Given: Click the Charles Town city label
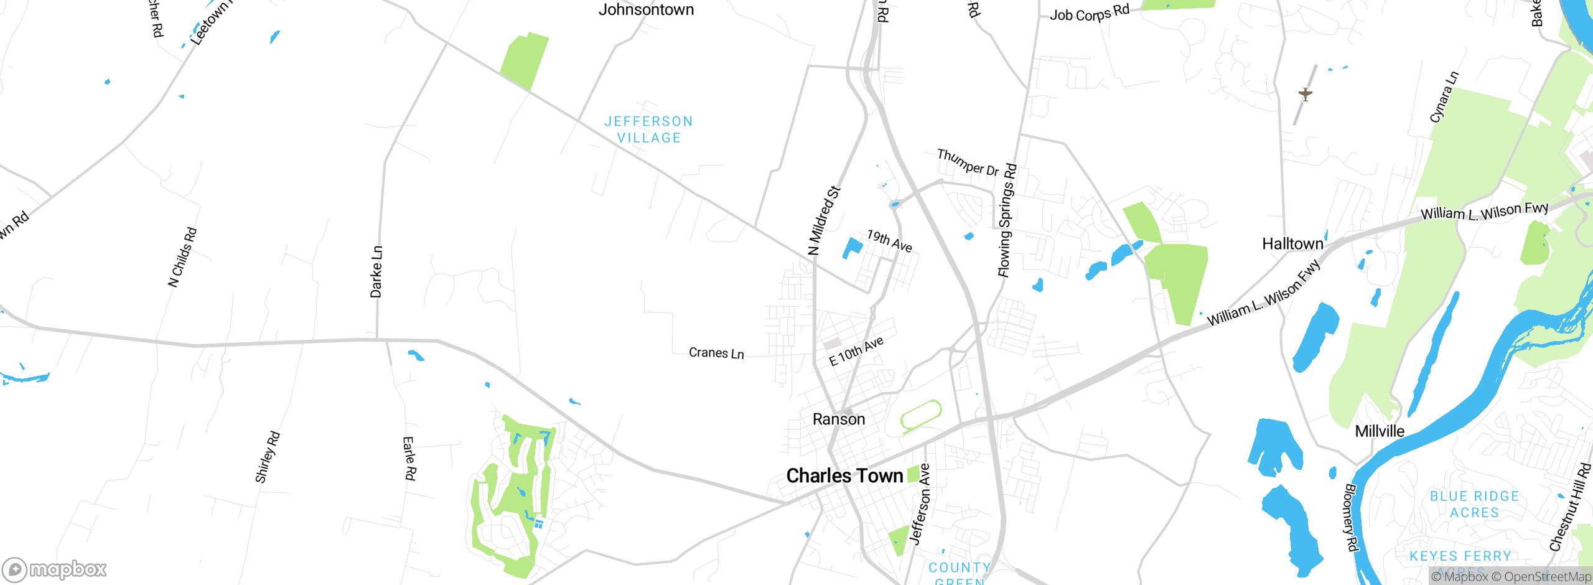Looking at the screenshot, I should click(x=844, y=476).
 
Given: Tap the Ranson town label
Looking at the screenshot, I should click(x=839, y=419).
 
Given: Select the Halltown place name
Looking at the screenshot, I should click(x=1292, y=244).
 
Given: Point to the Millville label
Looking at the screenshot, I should click(x=1380, y=431).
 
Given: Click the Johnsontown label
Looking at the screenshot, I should click(x=646, y=10).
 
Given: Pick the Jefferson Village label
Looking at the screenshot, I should click(x=649, y=129).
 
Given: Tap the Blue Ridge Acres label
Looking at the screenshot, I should click(x=1474, y=504).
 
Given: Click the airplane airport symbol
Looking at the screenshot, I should click(x=1306, y=95).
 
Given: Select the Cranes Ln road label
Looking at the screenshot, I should click(x=716, y=353).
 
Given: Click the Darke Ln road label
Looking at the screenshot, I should click(x=376, y=272).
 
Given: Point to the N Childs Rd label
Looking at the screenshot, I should click(x=182, y=257).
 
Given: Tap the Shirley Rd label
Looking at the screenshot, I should click(x=268, y=457).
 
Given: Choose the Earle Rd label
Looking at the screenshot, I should click(x=409, y=458).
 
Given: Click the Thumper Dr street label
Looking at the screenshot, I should click(x=968, y=162).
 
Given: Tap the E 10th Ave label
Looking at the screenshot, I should click(x=856, y=352).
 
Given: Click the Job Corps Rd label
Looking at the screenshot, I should click(x=1089, y=12).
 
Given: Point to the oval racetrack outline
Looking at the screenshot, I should click(x=921, y=416).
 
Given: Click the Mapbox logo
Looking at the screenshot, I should click(x=55, y=569).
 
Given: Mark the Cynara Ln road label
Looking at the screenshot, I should click(x=1444, y=97).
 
